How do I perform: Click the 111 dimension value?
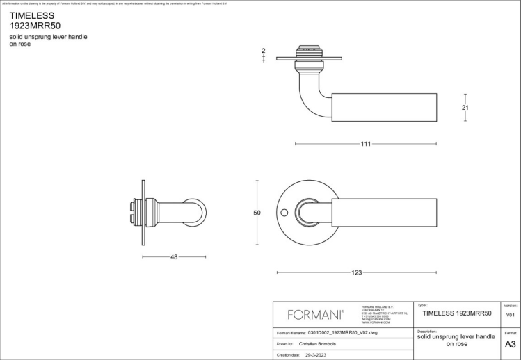(365, 144)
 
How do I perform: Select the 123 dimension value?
(357, 272)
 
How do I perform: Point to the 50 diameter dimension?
(257, 213)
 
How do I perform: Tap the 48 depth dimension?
(174, 257)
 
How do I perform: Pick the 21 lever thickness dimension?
(465, 108)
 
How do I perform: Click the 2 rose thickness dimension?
(264, 51)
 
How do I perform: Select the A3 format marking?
(510, 344)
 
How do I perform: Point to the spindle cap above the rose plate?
(306, 51)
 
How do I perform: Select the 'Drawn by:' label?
(286, 343)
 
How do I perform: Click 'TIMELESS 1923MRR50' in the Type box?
(457, 314)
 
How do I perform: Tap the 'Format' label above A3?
(510, 333)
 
